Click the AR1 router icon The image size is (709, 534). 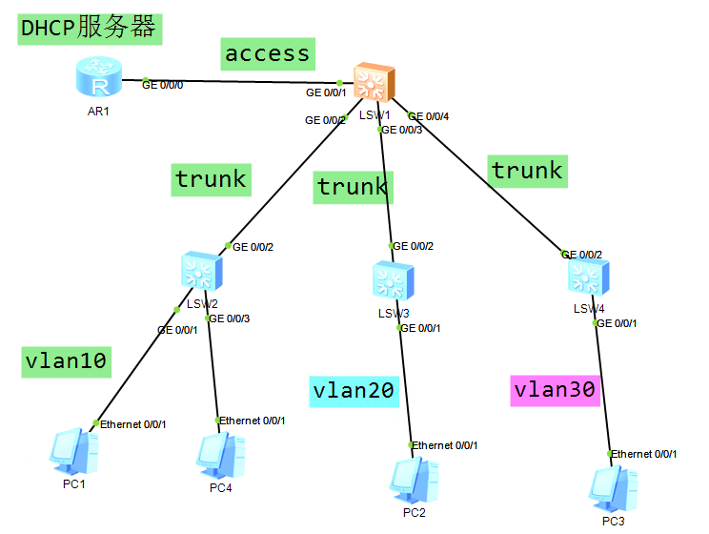point(99,78)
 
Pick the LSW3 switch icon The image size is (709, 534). point(393,281)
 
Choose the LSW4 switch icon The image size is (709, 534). point(588,277)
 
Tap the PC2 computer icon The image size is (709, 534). point(414,480)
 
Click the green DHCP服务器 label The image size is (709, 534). point(89,28)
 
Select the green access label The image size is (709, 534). point(267,53)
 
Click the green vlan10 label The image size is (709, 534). point(65,361)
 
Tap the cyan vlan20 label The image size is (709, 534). point(354,390)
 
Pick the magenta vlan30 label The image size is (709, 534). point(555,389)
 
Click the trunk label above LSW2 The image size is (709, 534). point(211,178)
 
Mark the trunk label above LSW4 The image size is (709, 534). point(527,171)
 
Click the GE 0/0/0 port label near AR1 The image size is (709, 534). point(163,85)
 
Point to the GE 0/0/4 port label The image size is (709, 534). point(429,116)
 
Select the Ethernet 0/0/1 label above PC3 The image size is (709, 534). point(644,454)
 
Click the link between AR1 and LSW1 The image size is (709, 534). point(243,82)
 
